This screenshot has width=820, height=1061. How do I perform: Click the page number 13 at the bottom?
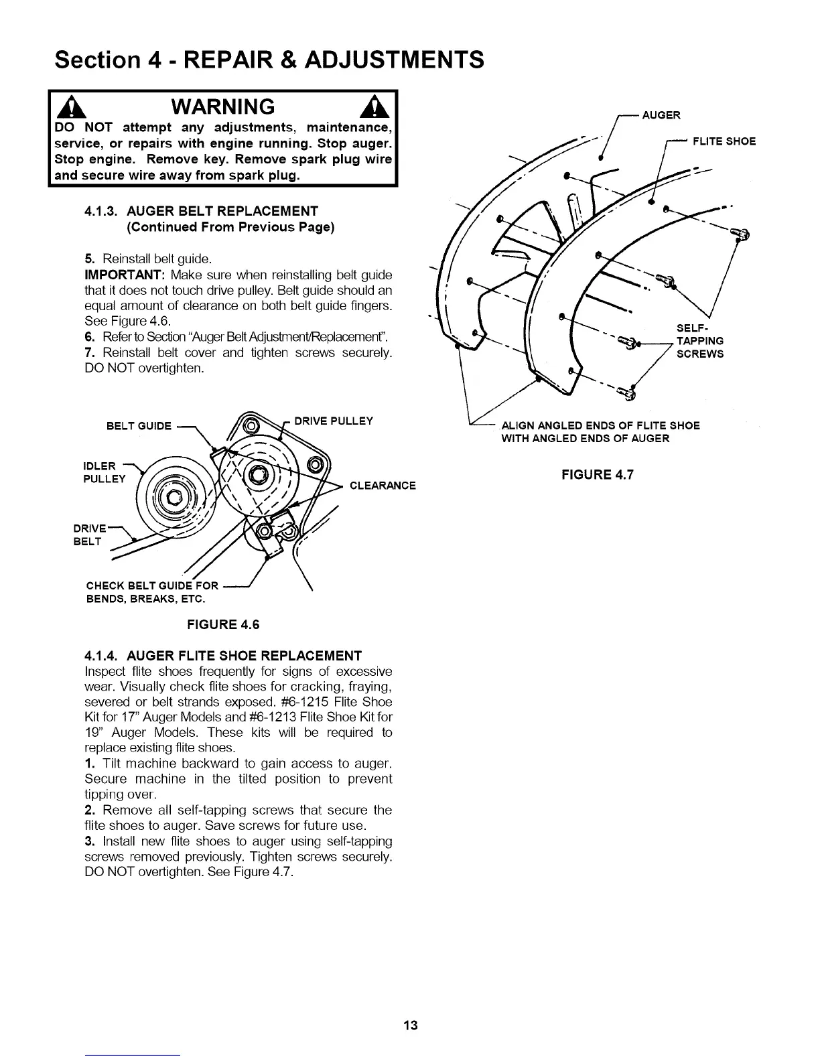point(411,1025)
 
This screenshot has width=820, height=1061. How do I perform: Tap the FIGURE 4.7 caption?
point(597,475)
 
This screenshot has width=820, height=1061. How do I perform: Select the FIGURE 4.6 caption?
point(223,624)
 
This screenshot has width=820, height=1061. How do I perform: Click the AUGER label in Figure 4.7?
point(661,115)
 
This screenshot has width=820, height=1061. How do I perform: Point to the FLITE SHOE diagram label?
point(724,141)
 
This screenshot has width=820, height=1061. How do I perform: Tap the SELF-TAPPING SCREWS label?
point(699,341)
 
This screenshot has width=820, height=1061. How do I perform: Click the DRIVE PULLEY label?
point(334,421)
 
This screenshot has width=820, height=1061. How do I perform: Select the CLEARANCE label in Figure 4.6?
point(383,486)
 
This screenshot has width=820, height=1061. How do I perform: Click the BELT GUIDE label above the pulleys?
point(139,426)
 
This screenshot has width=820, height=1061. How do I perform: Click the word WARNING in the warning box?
point(223,107)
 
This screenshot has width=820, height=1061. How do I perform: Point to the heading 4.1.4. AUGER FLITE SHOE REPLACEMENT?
point(223,655)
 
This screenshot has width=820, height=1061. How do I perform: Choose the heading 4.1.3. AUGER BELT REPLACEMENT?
point(202,212)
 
